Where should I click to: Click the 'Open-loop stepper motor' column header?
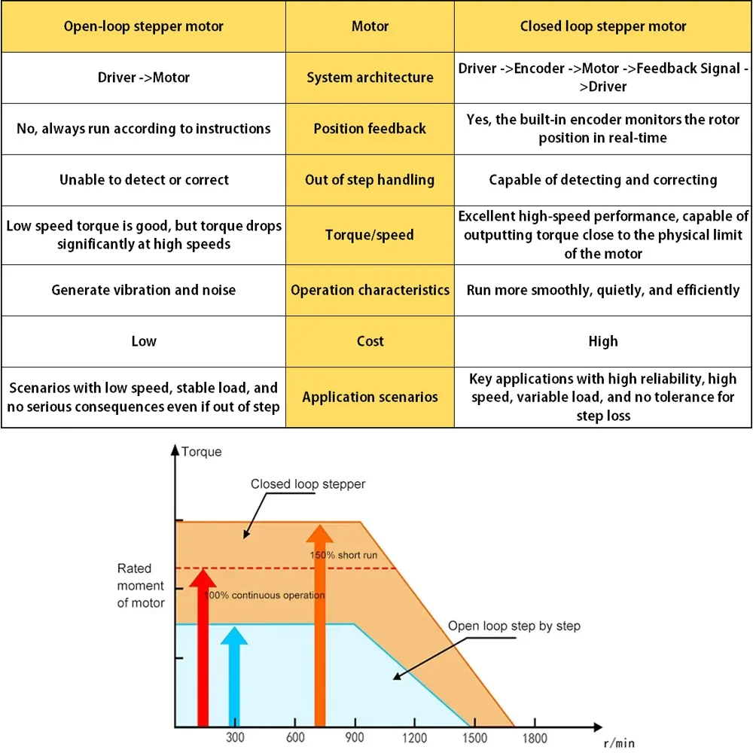143,26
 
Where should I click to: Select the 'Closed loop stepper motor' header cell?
603,26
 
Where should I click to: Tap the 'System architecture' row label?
370,78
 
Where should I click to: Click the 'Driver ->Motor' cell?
143,78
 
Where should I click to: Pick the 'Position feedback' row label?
370,129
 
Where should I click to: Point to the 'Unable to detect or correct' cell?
143,180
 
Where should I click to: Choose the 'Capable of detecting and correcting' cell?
603,180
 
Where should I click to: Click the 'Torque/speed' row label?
370,235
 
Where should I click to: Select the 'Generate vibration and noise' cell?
143,290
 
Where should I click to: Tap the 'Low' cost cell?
143,341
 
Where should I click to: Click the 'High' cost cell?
603,341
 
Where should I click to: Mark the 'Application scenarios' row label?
370,397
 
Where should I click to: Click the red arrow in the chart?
202,648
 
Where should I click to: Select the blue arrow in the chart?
234,674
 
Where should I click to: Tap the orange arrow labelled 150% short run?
321,625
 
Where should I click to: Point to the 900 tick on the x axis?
354,739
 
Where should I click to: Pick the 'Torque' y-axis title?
202,452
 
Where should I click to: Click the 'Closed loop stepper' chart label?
308,484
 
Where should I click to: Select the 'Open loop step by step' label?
514,626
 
